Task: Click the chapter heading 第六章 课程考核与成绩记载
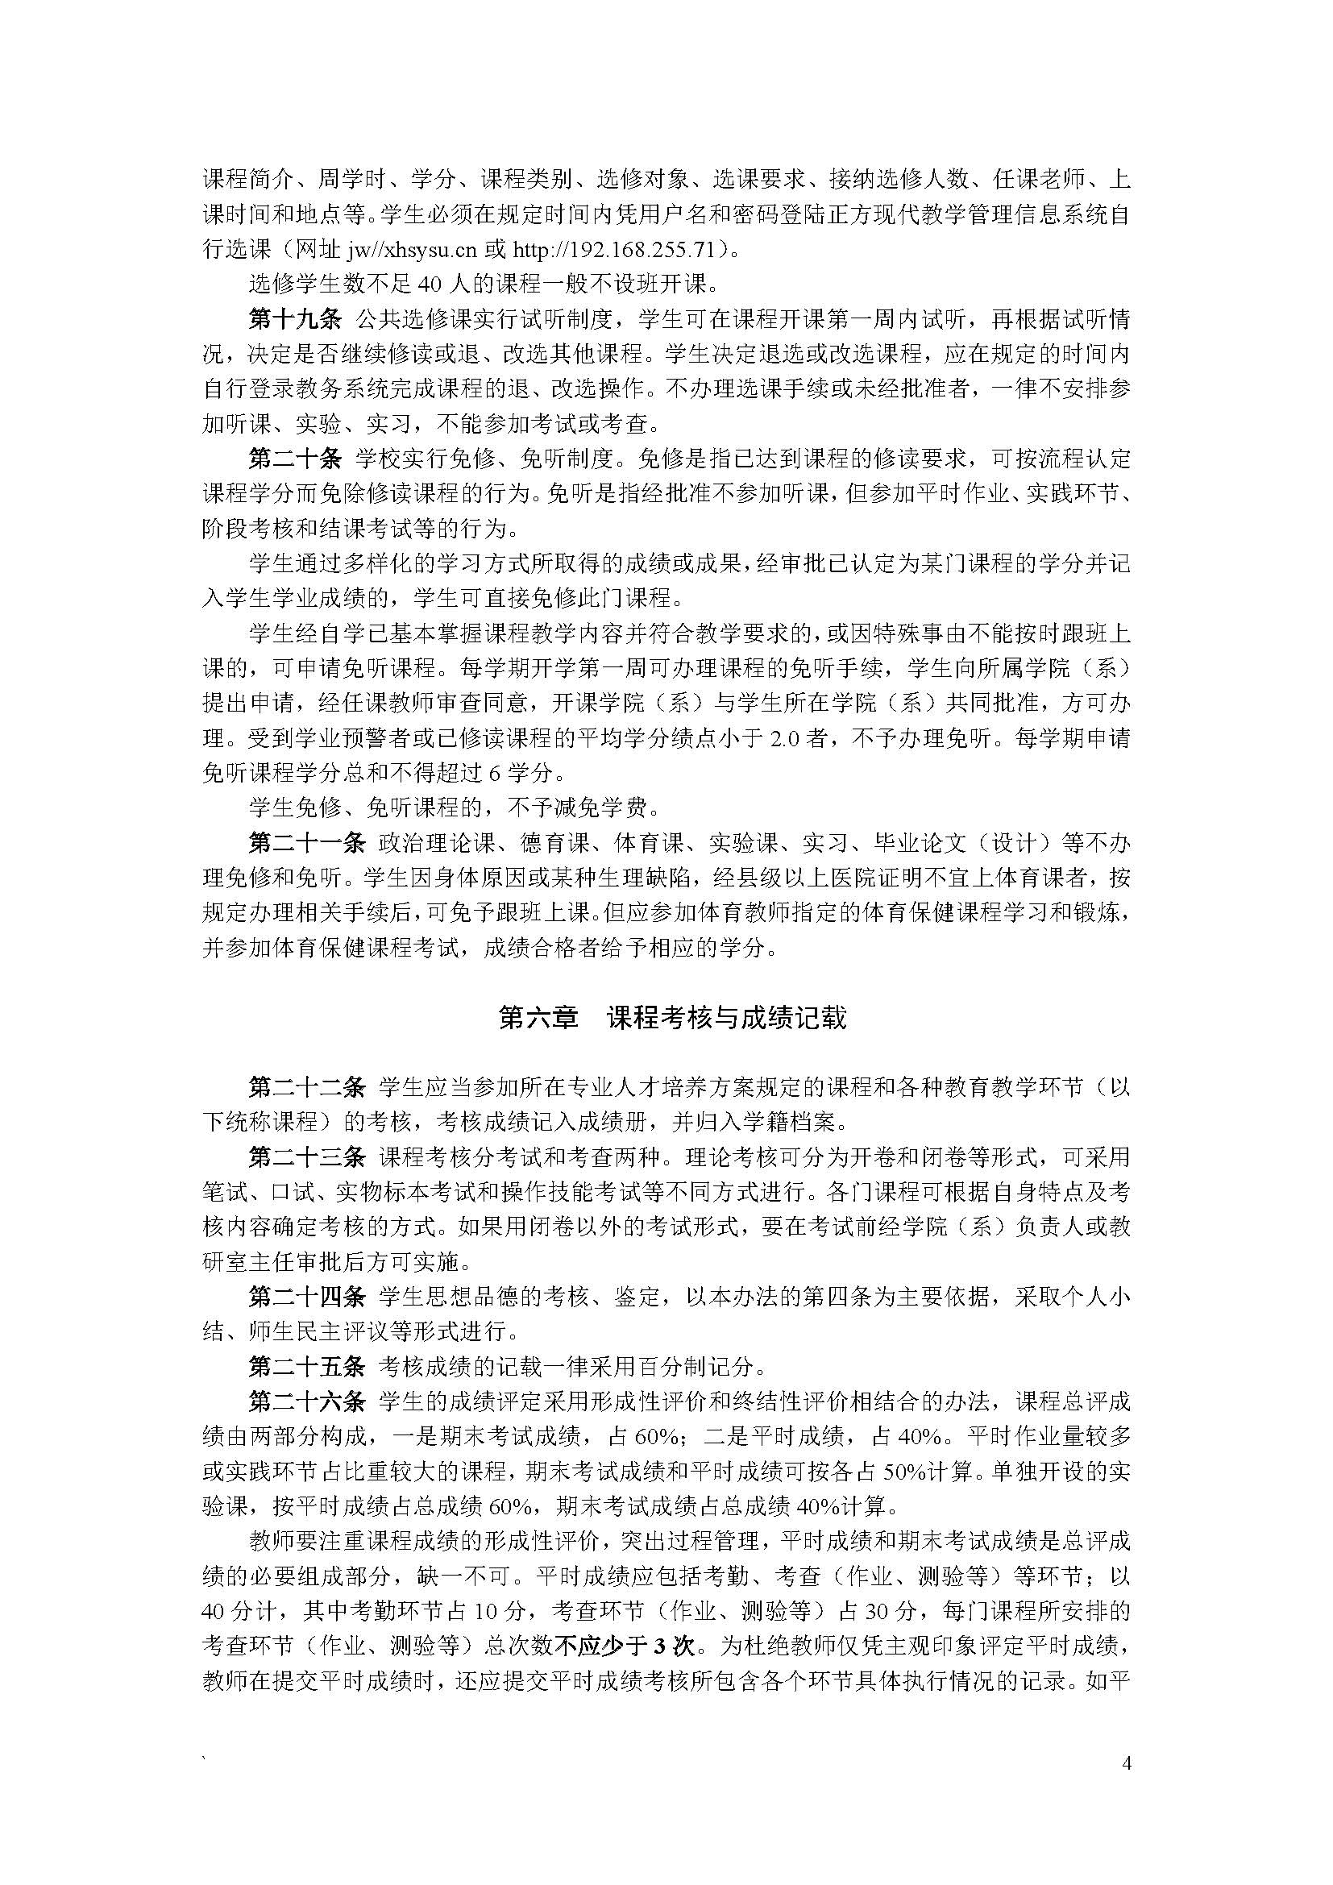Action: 672,1019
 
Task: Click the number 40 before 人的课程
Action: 430,284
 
